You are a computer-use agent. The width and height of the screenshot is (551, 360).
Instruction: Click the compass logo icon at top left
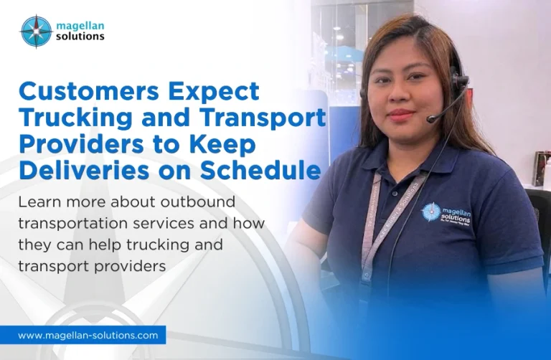(36, 32)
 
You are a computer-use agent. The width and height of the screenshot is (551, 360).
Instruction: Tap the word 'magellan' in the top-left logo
(80, 26)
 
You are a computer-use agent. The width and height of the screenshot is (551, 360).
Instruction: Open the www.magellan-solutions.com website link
(88, 335)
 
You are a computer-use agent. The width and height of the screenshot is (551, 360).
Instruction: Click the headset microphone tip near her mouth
(431, 120)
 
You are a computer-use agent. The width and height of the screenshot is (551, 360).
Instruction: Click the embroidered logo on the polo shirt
(447, 214)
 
